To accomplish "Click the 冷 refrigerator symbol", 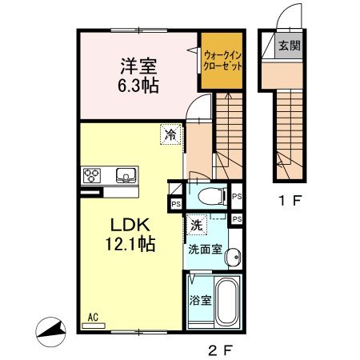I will (170, 137).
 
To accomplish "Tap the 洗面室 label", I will (204, 249).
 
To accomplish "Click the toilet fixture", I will (209, 195).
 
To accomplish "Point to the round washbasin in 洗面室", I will (232, 257).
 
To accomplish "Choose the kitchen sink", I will (126, 174).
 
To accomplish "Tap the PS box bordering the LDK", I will (175, 205).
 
